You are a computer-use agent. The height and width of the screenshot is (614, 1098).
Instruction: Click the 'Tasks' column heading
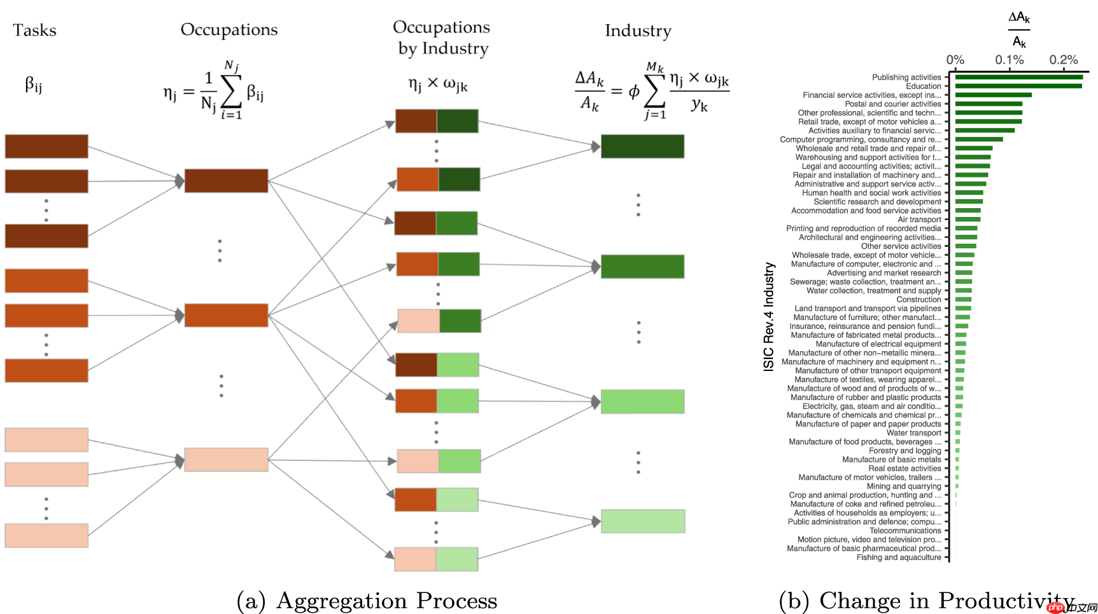(x=34, y=30)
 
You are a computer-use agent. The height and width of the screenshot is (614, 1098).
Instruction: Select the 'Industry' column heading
(x=638, y=31)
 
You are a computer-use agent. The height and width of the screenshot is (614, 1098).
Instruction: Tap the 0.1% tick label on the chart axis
(x=1010, y=60)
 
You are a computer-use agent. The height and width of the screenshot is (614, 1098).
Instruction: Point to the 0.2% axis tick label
(x=1064, y=60)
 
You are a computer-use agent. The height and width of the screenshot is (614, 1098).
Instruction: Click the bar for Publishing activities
(x=1018, y=78)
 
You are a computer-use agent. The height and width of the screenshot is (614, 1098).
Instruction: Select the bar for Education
(x=1018, y=86)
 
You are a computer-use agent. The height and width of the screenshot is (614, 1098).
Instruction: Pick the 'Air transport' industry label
(x=919, y=220)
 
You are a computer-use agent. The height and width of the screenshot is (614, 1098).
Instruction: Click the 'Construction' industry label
(x=919, y=300)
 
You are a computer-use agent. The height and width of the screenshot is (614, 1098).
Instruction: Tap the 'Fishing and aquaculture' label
(x=898, y=557)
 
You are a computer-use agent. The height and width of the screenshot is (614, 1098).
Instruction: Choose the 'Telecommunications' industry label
(x=905, y=531)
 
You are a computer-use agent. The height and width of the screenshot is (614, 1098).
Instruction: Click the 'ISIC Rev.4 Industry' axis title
(x=769, y=317)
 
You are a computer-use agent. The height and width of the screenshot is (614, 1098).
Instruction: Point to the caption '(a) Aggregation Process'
(x=367, y=601)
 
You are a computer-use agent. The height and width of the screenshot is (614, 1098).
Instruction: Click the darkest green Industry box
(x=642, y=146)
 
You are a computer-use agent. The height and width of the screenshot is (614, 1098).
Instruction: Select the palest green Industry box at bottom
(x=642, y=521)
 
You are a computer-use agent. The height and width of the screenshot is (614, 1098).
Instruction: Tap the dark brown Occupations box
(x=226, y=181)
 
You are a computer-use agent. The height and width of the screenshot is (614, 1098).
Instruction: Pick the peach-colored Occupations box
(x=226, y=459)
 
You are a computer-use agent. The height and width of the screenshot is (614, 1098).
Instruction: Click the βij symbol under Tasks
(x=34, y=85)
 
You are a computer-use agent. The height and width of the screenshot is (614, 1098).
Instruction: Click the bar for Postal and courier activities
(x=989, y=104)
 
